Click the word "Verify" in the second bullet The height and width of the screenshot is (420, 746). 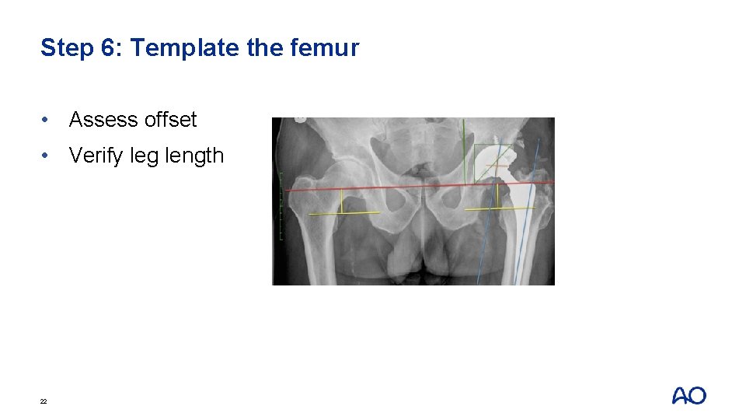[96, 156]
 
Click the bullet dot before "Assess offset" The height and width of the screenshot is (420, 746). [48, 120]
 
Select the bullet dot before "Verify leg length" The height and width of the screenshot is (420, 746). [48, 156]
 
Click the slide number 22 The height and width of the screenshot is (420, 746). [44, 401]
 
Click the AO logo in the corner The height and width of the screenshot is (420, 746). [688, 395]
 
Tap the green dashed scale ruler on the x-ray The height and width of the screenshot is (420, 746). [281, 206]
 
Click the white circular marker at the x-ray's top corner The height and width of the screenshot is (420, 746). [300, 120]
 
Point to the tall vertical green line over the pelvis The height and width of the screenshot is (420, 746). [463, 152]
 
